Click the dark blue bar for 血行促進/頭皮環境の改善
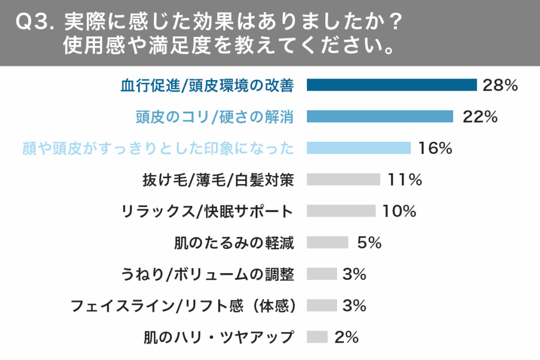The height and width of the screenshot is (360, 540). (391, 85)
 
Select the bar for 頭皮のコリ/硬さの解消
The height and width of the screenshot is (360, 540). (380, 116)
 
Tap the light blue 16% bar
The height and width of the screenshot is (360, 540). (359, 148)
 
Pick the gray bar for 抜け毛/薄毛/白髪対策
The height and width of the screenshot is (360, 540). (343, 180)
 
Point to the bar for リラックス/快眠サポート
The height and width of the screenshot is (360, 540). (341, 211)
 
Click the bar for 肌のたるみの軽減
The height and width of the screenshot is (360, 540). (327, 242)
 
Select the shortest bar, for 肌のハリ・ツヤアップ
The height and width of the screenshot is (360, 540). (317, 337)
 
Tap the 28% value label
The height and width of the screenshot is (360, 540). (500, 85)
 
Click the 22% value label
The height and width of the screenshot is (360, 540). (480, 117)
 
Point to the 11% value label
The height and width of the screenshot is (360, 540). (404, 180)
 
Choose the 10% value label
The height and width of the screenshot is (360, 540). (399, 212)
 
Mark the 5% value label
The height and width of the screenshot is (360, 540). (369, 243)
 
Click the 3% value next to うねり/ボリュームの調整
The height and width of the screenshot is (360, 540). (354, 275)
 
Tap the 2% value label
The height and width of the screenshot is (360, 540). (346, 337)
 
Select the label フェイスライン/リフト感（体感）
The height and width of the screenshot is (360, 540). (182, 306)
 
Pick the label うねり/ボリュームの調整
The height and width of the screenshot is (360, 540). (207, 275)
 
